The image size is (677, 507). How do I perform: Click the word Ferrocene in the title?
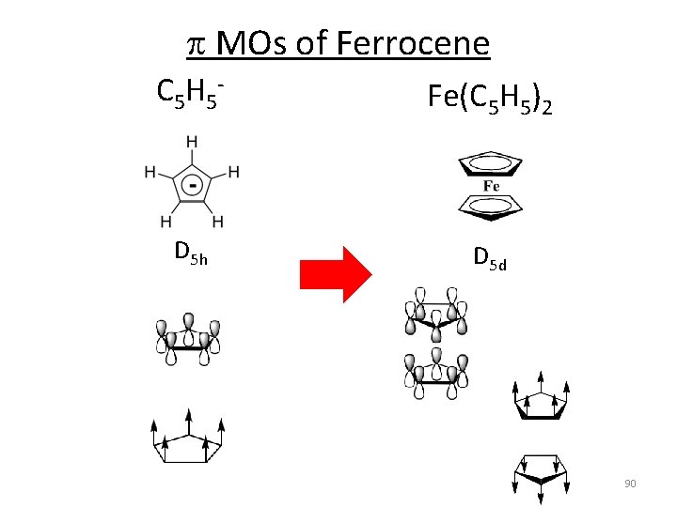tap(412, 43)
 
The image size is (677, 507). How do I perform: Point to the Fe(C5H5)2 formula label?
tap(489, 98)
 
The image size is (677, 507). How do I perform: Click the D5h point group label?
tap(190, 252)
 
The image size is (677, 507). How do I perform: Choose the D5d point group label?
tap(490, 255)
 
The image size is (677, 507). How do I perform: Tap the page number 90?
tap(630, 483)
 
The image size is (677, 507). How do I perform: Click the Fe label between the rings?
tap(491, 185)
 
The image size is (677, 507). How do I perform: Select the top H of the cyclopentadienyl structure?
tap(192, 142)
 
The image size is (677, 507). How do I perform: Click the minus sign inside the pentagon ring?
tap(192, 185)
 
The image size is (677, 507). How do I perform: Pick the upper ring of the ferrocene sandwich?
tap(490, 165)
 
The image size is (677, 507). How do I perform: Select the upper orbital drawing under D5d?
tap(436, 315)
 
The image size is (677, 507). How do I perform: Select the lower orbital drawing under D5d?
tap(436, 370)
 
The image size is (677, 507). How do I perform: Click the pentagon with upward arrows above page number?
tap(542, 400)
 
